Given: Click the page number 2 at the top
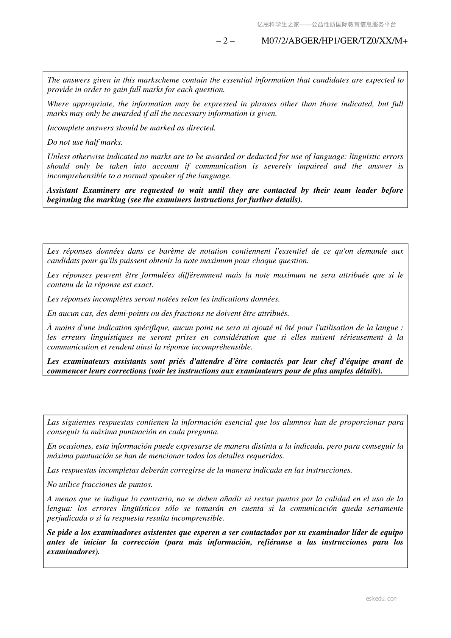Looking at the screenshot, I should pyautogui.click(x=225, y=41).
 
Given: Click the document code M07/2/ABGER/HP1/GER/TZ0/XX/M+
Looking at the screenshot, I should pyautogui.click(x=334, y=41).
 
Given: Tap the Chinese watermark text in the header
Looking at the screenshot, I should pyautogui.click(x=326, y=25).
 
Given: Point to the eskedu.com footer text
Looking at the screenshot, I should pyautogui.click(x=381, y=599).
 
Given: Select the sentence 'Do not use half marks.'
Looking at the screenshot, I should pyautogui.click(x=85, y=142).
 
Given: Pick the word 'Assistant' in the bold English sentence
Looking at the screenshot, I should pyautogui.click(x=62, y=190).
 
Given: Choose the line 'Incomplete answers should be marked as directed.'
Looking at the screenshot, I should pyautogui.click(x=131, y=128).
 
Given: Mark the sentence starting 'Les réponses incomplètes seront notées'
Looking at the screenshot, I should pyautogui.click(x=163, y=299).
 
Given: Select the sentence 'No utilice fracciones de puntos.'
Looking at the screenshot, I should pyautogui.click(x=100, y=485).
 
